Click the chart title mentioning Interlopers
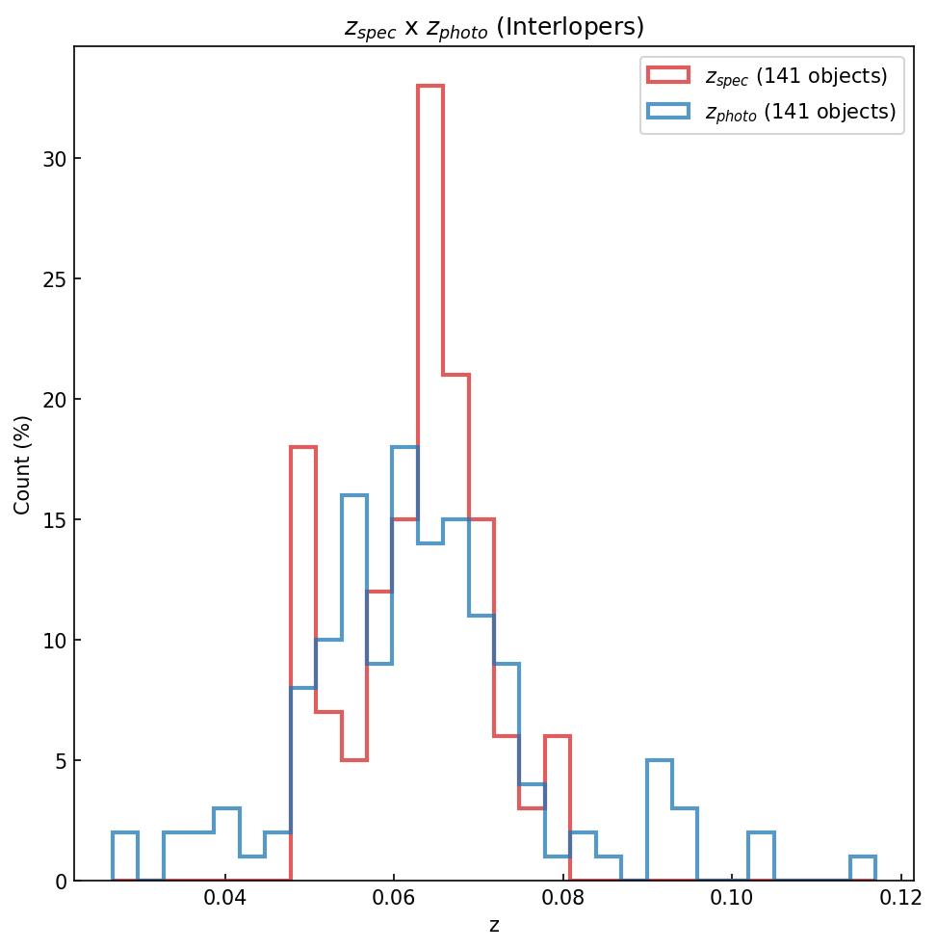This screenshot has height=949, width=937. (494, 27)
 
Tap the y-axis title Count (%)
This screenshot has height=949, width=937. (22, 464)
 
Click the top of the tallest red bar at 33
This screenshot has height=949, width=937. (430, 87)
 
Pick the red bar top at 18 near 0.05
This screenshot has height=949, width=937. (303, 448)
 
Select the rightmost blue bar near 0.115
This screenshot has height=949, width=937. (863, 857)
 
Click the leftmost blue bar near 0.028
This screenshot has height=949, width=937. (125, 833)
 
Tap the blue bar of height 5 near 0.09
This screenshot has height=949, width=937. (660, 761)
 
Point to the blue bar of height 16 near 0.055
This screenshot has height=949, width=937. (354, 496)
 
